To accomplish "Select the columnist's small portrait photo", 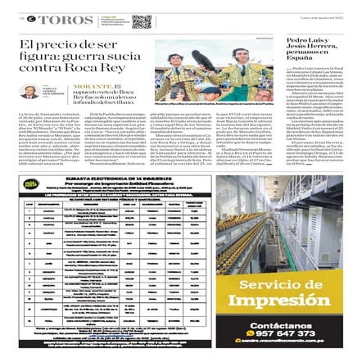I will (x=29, y=92).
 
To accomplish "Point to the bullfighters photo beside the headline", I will (x=215, y=71).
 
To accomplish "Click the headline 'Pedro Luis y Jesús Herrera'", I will (x=310, y=48).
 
